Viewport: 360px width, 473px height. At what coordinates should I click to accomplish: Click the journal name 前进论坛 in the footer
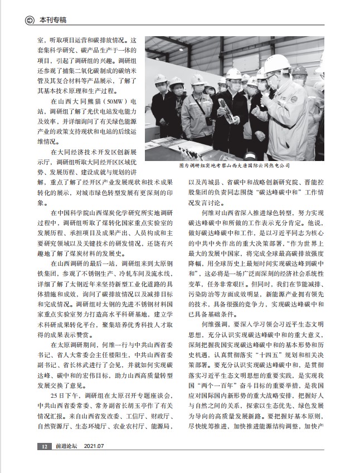point(66,446)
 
